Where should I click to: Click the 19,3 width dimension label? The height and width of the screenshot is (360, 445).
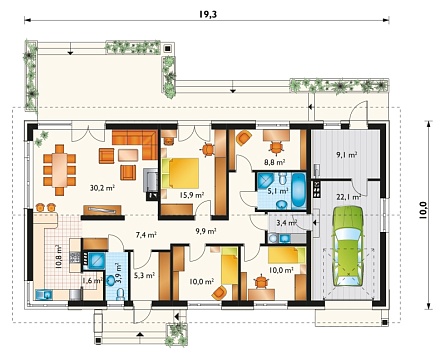[x=208, y=14]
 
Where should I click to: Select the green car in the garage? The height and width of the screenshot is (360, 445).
[x=348, y=246]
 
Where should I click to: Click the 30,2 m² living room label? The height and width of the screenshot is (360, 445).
[x=102, y=188]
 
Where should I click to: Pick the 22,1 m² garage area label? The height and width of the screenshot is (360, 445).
[x=349, y=197]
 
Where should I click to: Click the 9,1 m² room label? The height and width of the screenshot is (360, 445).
[x=347, y=155]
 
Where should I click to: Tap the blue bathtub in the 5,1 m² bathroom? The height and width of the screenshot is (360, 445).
[x=299, y=190]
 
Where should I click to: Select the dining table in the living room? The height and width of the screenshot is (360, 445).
[x=60, y=166]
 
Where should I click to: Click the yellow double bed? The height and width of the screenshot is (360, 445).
[x=180, y=173]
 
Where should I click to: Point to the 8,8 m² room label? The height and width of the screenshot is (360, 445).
[x=275, y=163]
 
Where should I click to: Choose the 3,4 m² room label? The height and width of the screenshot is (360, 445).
[x=287, y=222]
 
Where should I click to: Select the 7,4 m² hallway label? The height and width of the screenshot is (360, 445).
[x=146, y=235]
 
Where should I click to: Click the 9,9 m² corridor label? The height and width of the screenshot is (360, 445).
[x=206, y=231]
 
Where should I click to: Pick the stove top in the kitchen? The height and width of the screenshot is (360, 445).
[x=75, y=256]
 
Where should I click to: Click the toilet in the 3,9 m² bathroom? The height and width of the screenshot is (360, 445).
[x=121, y=294]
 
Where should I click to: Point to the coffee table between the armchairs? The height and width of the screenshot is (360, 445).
[x=128, y=155]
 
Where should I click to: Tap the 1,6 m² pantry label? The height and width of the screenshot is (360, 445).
[x=92, y=281]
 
